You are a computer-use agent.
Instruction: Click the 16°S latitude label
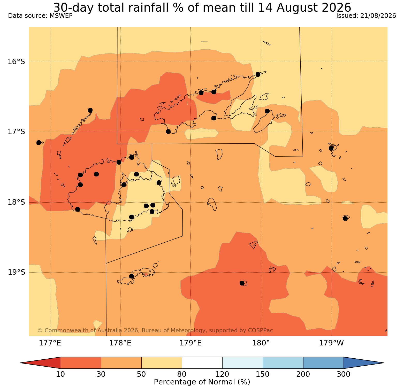coord(16,62)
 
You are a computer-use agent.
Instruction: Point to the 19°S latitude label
coord(16,272)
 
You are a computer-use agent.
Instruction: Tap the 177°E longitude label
coord(50,343)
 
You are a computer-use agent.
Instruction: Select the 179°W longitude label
coord(331,343)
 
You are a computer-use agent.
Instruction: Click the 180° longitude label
coord(261,343)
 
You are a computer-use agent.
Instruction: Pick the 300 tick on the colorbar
coord(344,374)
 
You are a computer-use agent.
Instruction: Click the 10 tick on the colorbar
coord(61,374)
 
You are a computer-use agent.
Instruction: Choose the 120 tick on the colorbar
coord(222,374)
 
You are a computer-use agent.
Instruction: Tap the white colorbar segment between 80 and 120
coord(202,363)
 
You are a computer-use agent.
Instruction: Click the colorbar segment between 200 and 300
coord(323,363)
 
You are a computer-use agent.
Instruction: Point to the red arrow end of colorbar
coord(41,363)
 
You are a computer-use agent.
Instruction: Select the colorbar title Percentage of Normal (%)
coord(202,382)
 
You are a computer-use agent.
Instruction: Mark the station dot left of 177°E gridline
coord(39,143)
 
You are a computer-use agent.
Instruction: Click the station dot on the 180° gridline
coord(258,74)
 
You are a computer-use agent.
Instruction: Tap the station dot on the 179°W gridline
coord(331,148)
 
